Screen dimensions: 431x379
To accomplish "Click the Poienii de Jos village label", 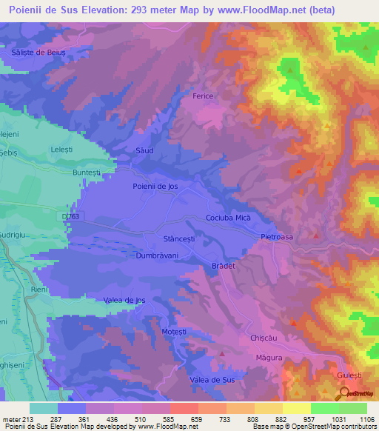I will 155,187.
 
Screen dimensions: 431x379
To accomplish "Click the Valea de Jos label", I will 124,299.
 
